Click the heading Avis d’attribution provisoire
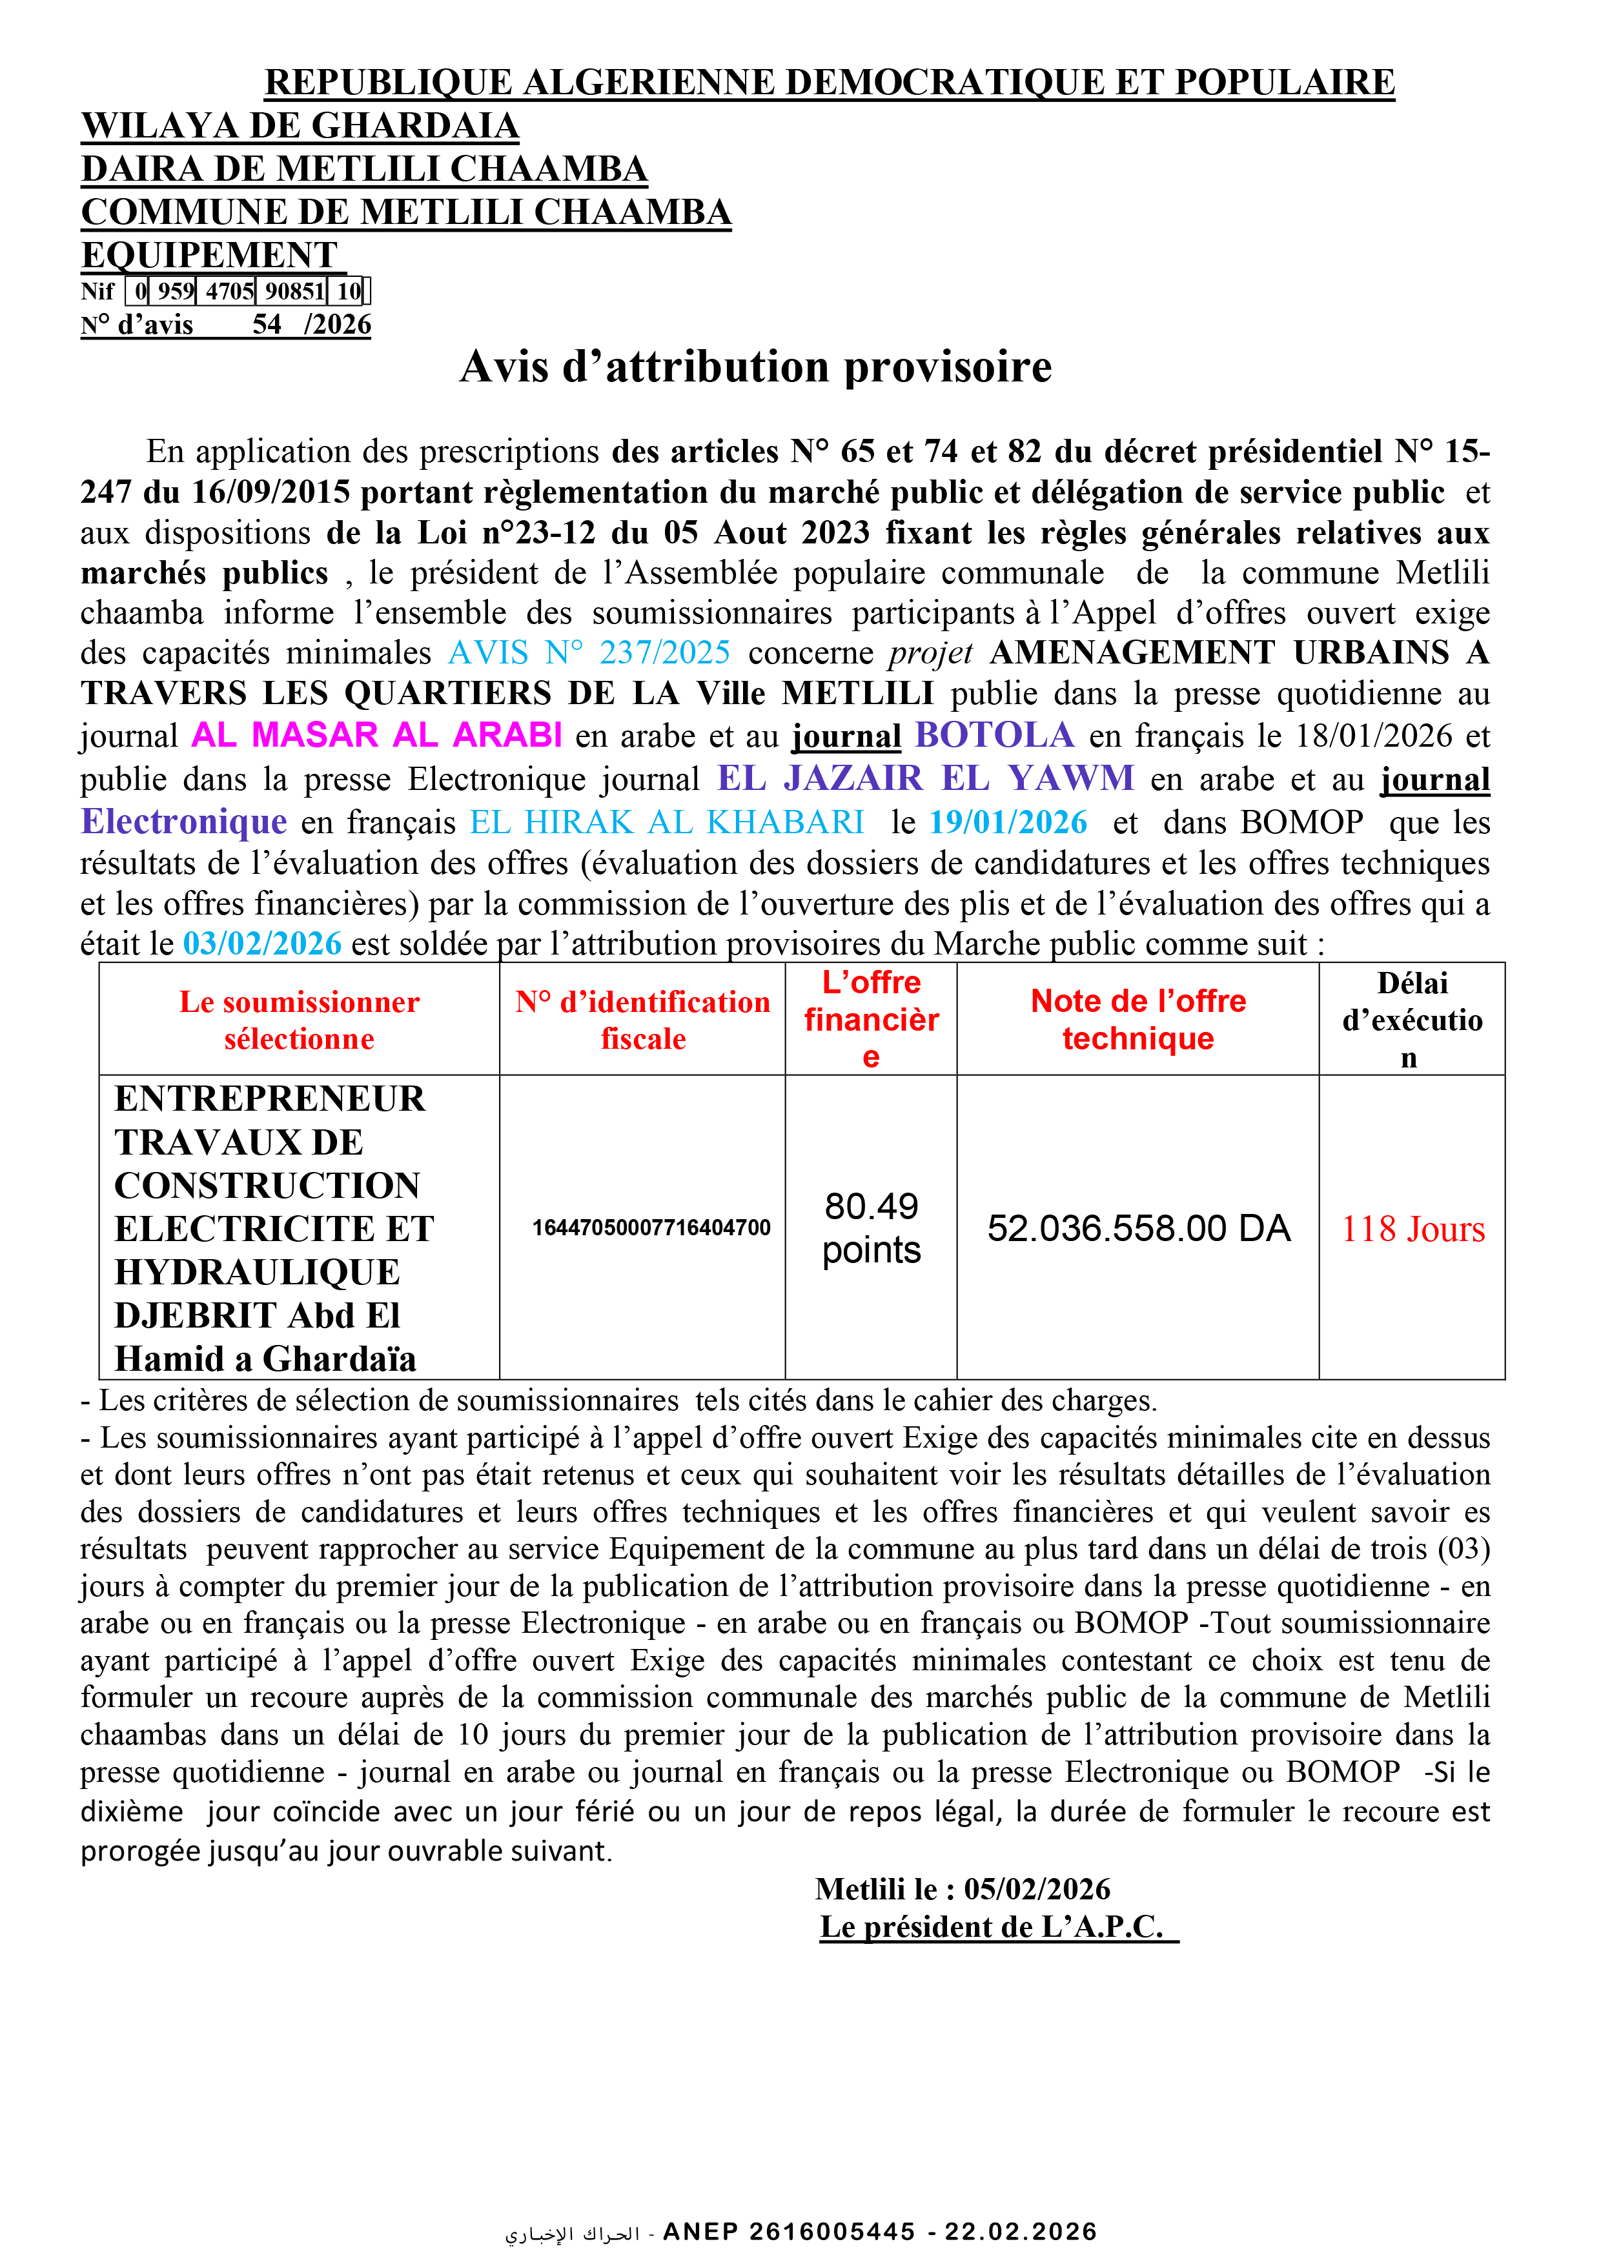pyautogui.click(x=755, y=367)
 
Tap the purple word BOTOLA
pyautogui.click(x=994, y=734)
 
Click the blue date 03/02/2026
pyautogui.click(x=262, y=944)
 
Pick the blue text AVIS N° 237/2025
pyautogui.click(x=589, y=652)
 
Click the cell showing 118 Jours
pyautogui.click(x=1412, y=1229)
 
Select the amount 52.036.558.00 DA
pyautogui.click(x=1138, y=1229)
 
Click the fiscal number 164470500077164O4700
pyautogui.click(x=651, y=1228)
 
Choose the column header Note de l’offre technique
pyautogui.click(x=1138, y=1020)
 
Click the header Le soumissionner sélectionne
pyautogui.click(x=299, y=1020)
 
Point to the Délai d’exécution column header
pyautogui.click(x=1412, y=1020)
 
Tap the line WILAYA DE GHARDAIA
pyautogui.click(x=300, y=126)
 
